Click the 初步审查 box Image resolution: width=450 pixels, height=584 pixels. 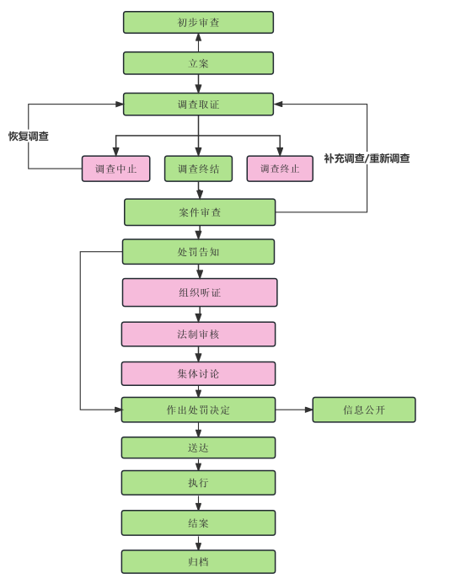(198, 23)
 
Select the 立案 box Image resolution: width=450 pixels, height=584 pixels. (198, 63)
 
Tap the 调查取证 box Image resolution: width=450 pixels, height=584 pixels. (198, 104)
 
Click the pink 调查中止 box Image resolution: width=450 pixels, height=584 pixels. (115, 169)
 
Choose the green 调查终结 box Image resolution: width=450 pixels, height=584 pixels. (198, 169)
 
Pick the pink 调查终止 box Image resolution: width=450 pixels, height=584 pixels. (280, 169)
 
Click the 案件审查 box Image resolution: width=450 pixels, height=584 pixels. (200, 212)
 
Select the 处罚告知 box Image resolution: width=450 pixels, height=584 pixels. (198, 252)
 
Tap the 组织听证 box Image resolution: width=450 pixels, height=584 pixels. (200, 292)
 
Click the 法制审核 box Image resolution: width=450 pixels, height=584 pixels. (198, 334)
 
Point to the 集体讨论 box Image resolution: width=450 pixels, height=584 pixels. (198, 373)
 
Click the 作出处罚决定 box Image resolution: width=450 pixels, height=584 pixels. (198, 410)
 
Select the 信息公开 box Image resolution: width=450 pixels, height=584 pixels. (364, 410)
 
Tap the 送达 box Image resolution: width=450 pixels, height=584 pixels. (198, 447)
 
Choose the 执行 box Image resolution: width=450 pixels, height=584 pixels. (198, 483)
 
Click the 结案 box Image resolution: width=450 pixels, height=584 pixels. (198, 523)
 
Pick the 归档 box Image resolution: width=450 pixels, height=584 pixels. (198, 561)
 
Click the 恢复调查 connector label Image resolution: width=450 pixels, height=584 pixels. (29, 137)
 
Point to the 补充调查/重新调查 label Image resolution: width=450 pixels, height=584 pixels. (367, 158)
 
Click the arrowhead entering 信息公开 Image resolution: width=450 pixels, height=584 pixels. (308, 410)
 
